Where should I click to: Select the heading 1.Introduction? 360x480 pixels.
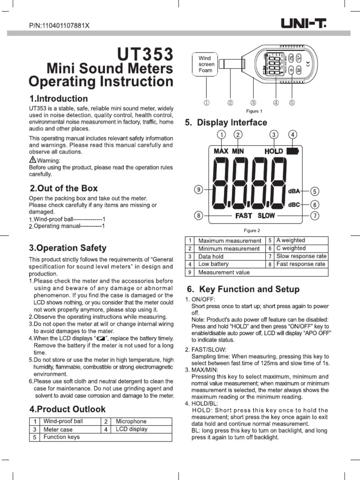(58, 99)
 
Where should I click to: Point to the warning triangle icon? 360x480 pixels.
(32, 160)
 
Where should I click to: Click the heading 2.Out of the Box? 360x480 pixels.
(63, 188)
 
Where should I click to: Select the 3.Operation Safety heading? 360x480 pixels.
(67, 248)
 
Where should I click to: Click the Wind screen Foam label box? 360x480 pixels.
(205, 65)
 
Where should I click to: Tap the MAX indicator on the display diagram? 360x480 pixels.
(221, 151)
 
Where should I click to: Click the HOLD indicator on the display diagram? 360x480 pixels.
(274, 151)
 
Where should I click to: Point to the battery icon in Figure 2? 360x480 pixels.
(292, 151)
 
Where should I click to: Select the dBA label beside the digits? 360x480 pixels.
(294, 191)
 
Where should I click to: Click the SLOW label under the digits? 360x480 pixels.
(266, 216)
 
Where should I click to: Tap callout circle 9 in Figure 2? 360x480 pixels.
(199, 190)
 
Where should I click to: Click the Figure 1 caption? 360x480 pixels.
(254, 111)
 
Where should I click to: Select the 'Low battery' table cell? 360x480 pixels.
(214, 264)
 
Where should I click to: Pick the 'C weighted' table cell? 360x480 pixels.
(291, 248)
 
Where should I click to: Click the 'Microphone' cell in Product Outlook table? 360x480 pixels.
(131, 421)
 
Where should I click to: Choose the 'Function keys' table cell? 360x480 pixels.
(61, 437)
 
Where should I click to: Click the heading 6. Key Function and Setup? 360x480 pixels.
(243, 289)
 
